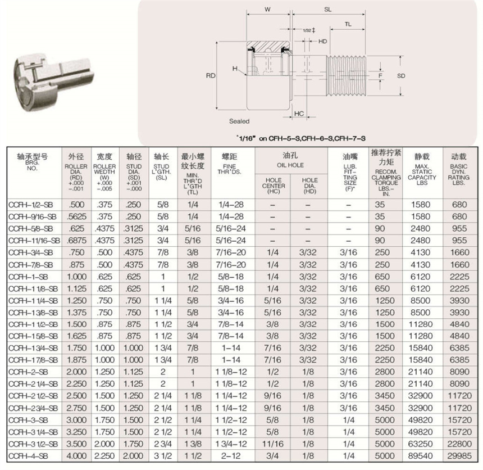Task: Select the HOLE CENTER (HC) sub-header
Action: pos(274,186)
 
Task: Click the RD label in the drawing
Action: pos(211,75)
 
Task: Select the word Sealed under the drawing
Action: pos(239,121)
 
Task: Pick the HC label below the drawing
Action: pos(299,114)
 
